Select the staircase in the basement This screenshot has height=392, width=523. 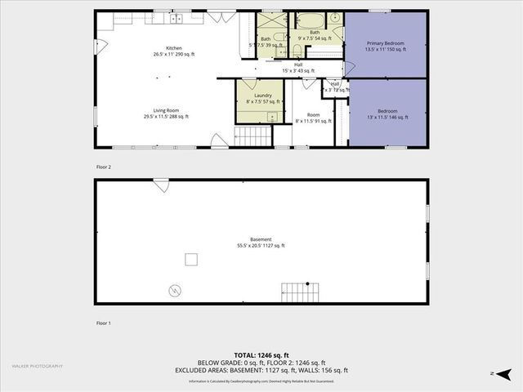(297, 289)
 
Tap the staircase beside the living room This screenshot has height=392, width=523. (253, 136)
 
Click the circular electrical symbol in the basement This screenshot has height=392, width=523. (175, 290)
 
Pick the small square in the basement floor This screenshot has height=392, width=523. (191, 259)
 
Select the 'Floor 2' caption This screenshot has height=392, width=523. (103, 166)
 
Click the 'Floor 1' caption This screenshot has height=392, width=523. (103, 323)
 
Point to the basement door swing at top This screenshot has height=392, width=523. (161, 185)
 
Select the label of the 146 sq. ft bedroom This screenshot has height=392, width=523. (388, 114)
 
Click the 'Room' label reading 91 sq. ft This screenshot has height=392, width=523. (313, 118)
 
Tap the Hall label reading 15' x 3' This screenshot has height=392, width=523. (299, 68)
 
